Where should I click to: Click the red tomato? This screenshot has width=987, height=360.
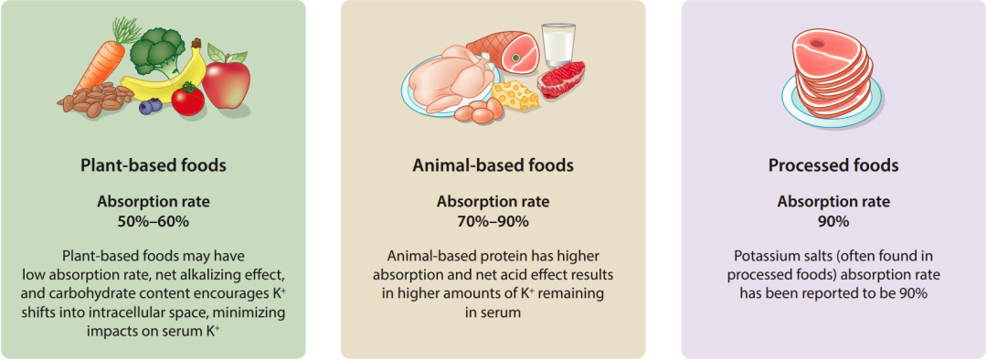(x=187, y=100)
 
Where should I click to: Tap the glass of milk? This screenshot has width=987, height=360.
(x=558, y=45)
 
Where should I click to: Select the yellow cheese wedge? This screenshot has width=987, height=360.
(x=515, y=95)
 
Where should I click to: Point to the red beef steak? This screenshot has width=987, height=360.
(x=561, y=79)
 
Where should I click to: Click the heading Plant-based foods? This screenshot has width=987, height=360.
(x=154, y=165)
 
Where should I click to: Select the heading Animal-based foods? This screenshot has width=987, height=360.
(x=493, y=165)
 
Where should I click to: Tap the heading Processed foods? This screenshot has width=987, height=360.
(x=833, y=165)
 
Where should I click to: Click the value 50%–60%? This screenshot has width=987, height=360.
(x=154, y=221)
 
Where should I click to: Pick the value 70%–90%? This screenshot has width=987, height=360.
(x=493, y=221)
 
